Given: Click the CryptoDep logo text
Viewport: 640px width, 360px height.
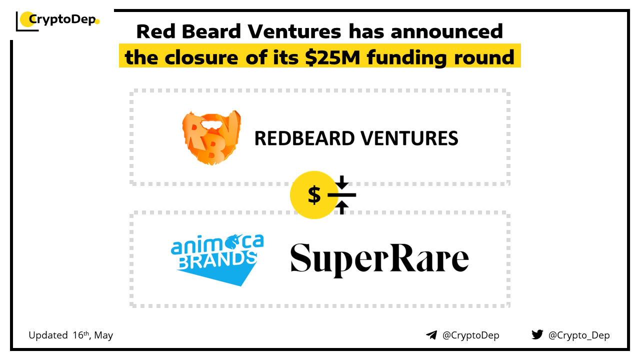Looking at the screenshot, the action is [x=62, y=19].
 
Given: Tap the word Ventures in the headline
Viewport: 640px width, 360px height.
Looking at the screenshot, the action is [x=294, y=31].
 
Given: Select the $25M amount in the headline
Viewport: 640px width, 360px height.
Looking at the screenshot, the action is [x=332, y=57].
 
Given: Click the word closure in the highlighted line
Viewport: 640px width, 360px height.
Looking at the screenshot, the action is [x=201, y=57].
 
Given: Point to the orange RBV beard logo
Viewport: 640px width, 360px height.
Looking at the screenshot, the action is [x=211, y=137].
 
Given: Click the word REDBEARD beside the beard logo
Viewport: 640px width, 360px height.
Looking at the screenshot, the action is [x=304, y=138].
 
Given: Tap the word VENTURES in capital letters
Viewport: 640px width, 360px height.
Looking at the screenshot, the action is [x=409, y=138].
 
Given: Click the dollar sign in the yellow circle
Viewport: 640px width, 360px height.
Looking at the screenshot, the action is [x=314, y=195].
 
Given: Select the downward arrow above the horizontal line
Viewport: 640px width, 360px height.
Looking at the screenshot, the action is [x=341, y=182].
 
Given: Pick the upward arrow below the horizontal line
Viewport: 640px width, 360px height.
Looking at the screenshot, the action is [x=341, y=207].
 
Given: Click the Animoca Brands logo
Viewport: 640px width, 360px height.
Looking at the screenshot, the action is [x=217, y=259].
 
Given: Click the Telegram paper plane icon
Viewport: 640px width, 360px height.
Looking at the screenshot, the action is [x=431, y=335].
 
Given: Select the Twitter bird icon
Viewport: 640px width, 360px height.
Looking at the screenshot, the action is [x=537, y=334].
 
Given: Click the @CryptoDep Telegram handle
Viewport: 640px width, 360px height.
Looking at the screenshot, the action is [x=470, y=335].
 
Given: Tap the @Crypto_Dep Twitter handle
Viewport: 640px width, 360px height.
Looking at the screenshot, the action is [x=579, y=335].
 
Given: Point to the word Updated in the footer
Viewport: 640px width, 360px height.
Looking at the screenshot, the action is [x=48, y=335].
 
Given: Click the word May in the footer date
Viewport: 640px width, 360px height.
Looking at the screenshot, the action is [x=103, y=335].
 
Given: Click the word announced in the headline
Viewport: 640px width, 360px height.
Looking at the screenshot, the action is [x=446, y=31].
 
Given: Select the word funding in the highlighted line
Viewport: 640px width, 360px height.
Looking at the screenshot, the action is [x=406, y=58].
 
